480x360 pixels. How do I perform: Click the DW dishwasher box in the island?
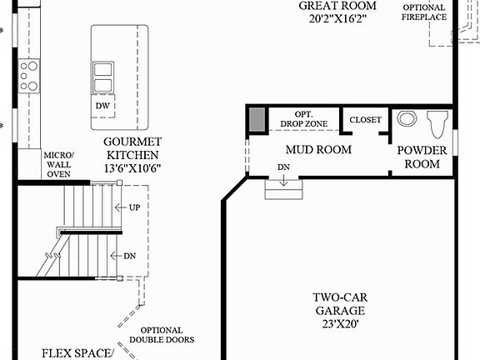pos(102,107)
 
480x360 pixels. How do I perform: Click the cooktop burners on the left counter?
pos(29,76)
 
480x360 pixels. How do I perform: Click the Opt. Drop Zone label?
pos(302,119)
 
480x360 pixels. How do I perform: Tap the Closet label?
pos(365,120)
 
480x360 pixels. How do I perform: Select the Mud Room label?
pos(317,150)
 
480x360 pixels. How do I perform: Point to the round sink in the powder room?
pos(407,118)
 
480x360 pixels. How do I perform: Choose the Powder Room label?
pos(422,157)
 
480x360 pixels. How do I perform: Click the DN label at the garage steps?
pos(284,168)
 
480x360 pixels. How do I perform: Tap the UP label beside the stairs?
pos(133,207)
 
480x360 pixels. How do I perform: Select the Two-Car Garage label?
pos(337,311)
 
